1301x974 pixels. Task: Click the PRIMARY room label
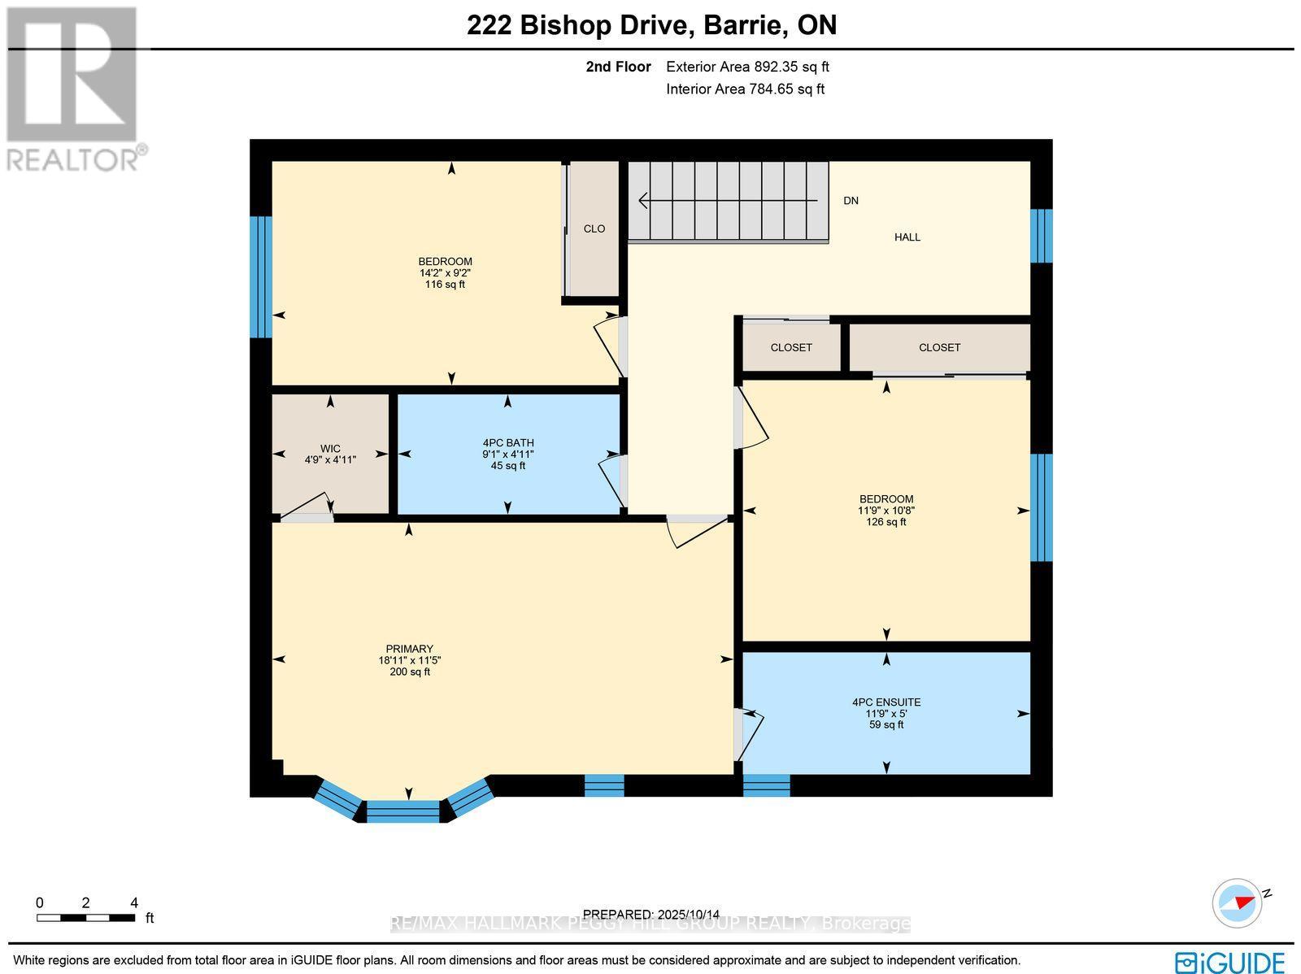point(409,649)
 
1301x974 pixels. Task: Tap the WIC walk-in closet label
point(330,449)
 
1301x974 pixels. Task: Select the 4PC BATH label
point(507,443)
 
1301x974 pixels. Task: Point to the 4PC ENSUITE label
point(886,702)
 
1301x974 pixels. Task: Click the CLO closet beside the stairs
point(594,229)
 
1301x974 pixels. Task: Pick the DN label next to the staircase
point(851,201)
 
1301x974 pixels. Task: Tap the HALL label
point(907,237)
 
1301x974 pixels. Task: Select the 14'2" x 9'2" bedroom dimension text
point(445,273)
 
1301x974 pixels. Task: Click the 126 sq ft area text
point(886,522)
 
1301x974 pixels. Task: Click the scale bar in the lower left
point(85,918)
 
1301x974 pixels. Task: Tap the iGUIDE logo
point(1230,961)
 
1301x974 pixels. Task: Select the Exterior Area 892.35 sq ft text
point(747,67)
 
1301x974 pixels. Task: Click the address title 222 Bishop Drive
point(651,25)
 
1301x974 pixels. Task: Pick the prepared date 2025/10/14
point(651,914)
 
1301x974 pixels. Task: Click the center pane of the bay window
point(403,811)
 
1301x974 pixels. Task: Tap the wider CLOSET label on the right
point(939,347)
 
